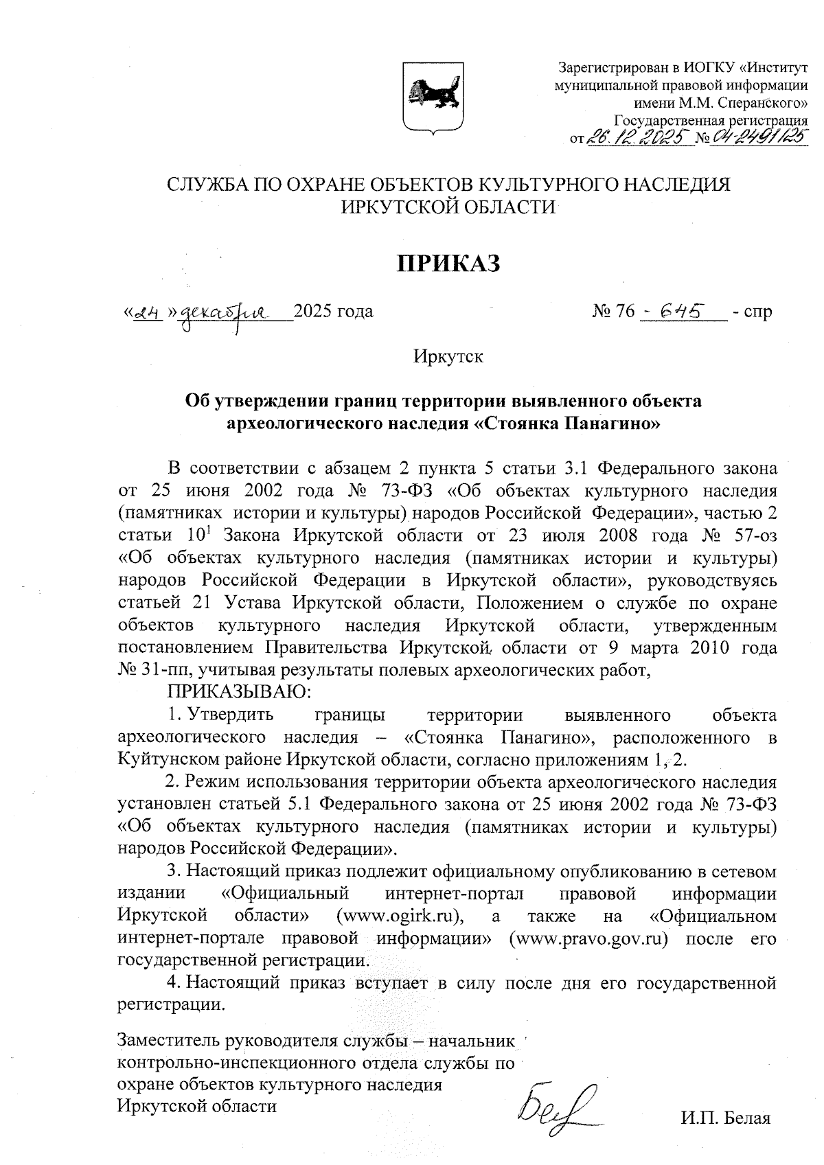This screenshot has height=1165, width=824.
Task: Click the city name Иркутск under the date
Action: [448, 357]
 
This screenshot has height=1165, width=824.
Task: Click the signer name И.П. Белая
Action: [726, 1118]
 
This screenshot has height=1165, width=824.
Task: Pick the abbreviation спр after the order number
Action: [758, 312]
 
